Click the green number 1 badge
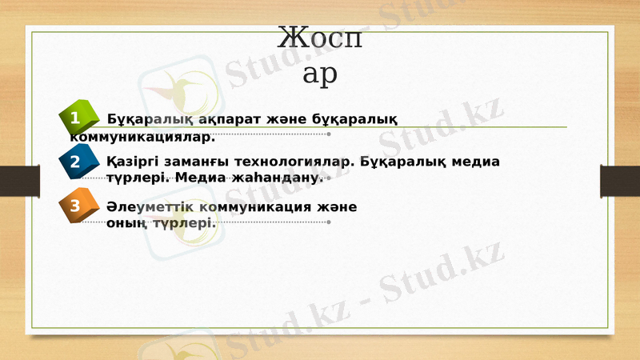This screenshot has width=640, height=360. point(74,119)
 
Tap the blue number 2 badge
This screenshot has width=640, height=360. point(74,162)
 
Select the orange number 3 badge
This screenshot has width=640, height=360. point(74,206)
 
